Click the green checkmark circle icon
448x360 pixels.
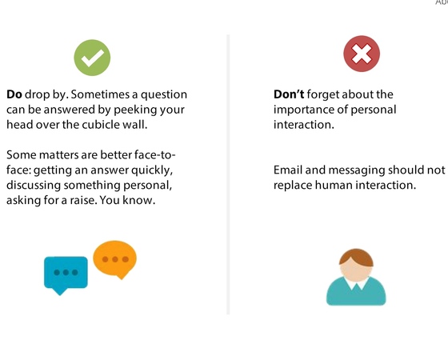coord(92,56)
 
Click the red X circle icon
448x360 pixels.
coord(361,54)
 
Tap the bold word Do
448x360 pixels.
coord(14,94)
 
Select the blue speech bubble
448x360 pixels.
coord(65,273)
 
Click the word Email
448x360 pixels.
coord(290,170)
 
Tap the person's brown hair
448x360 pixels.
coord(356,256)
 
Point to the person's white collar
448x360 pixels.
coord(356,282)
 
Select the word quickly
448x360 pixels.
coord(151,170)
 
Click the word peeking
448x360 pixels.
coord(138,110)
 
